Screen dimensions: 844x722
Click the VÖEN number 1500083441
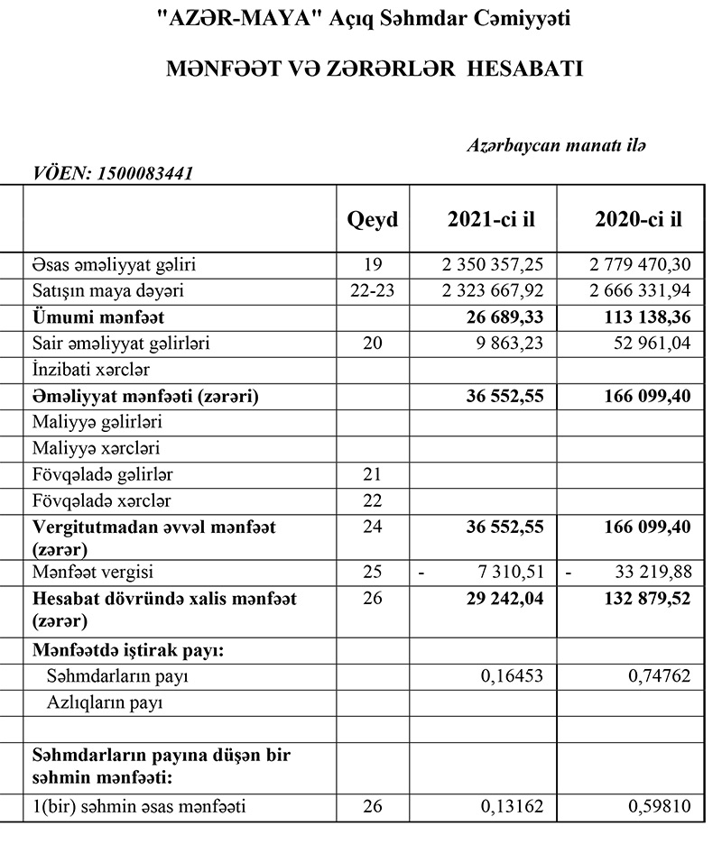(147, 173)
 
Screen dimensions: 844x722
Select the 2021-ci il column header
(483, 219)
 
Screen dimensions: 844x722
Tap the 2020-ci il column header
(638, 219)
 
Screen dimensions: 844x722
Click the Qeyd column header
(373, 219)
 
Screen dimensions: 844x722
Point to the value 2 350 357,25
(492, 265)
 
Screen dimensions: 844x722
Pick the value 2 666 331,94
(638, 291)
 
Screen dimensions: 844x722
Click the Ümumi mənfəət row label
(98, 317)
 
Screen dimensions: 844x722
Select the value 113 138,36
(644, 317)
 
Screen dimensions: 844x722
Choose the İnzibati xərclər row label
(91, 370)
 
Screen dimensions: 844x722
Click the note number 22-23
(373, 291)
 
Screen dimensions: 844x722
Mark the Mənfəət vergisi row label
(93, 572)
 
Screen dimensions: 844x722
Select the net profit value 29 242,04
(502, 598)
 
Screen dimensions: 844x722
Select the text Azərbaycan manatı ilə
(557, 145)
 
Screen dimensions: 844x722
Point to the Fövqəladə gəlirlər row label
(103, 474)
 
